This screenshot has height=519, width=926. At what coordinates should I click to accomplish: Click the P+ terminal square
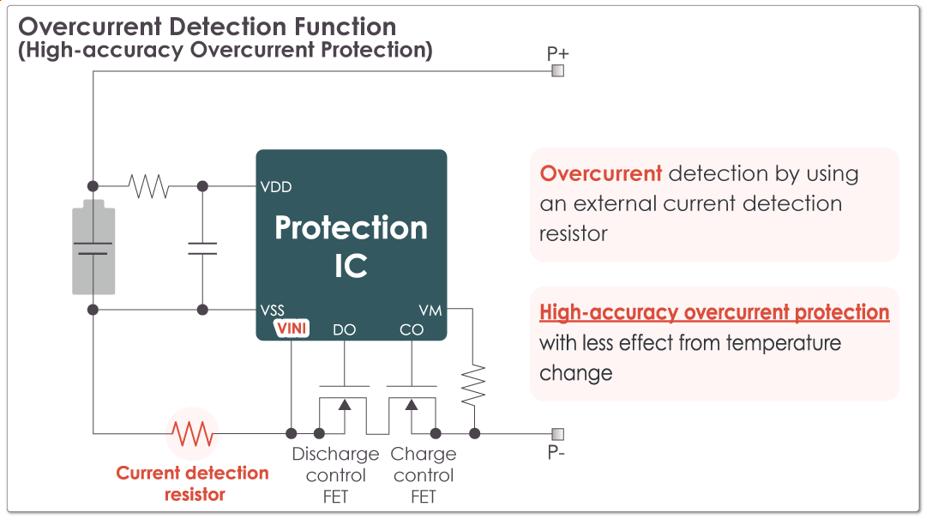click(x=557, y=70)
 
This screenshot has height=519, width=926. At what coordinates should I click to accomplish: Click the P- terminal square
click(x=557, y=433)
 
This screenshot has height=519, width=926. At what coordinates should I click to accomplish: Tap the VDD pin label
click(x=276, y=186)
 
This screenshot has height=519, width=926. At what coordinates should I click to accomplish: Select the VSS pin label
click(x=274, y=310)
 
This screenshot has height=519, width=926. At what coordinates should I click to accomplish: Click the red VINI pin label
click(x=292, y=328)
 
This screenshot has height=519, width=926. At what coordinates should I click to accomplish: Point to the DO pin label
click(x=344, y=329)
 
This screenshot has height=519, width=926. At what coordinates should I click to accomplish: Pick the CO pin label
click(x=412, y=329)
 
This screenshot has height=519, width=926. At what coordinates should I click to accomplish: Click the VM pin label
click(x=430, y=310)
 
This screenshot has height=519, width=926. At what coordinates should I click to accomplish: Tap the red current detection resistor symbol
click(x=192, y=433)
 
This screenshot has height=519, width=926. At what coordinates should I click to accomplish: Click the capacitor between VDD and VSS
click(x=202, y=248)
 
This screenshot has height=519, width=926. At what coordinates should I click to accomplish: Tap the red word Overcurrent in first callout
click(x=600, y=173)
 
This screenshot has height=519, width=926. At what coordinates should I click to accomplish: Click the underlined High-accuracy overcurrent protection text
click(x=714, y=312)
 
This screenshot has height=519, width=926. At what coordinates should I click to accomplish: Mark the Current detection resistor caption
click(x=193, y=483)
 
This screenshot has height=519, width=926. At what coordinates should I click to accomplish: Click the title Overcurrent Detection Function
click(x=207, y=27)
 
